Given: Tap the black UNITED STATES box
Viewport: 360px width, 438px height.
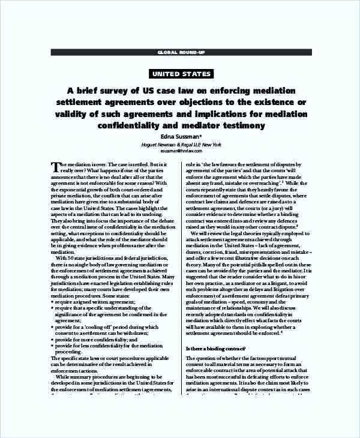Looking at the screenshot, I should pos(181,74).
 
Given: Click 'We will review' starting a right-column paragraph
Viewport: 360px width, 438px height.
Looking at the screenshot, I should pos(207,233).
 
